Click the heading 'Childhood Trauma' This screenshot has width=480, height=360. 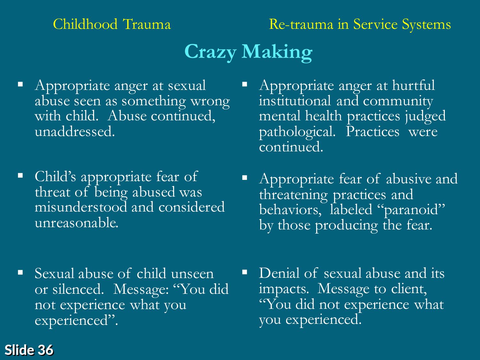click(112, 24)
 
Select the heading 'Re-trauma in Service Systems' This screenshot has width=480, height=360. click(360, 25)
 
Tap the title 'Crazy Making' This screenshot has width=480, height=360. click(248, 52)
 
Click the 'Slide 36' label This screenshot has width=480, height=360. click(29, 350)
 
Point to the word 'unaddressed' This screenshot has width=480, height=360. click(74, 132)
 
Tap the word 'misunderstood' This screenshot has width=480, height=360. click(81, 207)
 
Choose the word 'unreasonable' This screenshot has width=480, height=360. click(76, 223)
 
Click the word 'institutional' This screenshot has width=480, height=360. click(295, 101)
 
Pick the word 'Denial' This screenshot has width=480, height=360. click(279, 273)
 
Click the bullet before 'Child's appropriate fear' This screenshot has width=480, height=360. click(20, 175)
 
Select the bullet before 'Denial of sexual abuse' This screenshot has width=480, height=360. click(244, 272)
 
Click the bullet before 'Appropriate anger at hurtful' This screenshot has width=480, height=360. click(244, 84)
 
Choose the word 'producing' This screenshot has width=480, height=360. click(346, 226)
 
